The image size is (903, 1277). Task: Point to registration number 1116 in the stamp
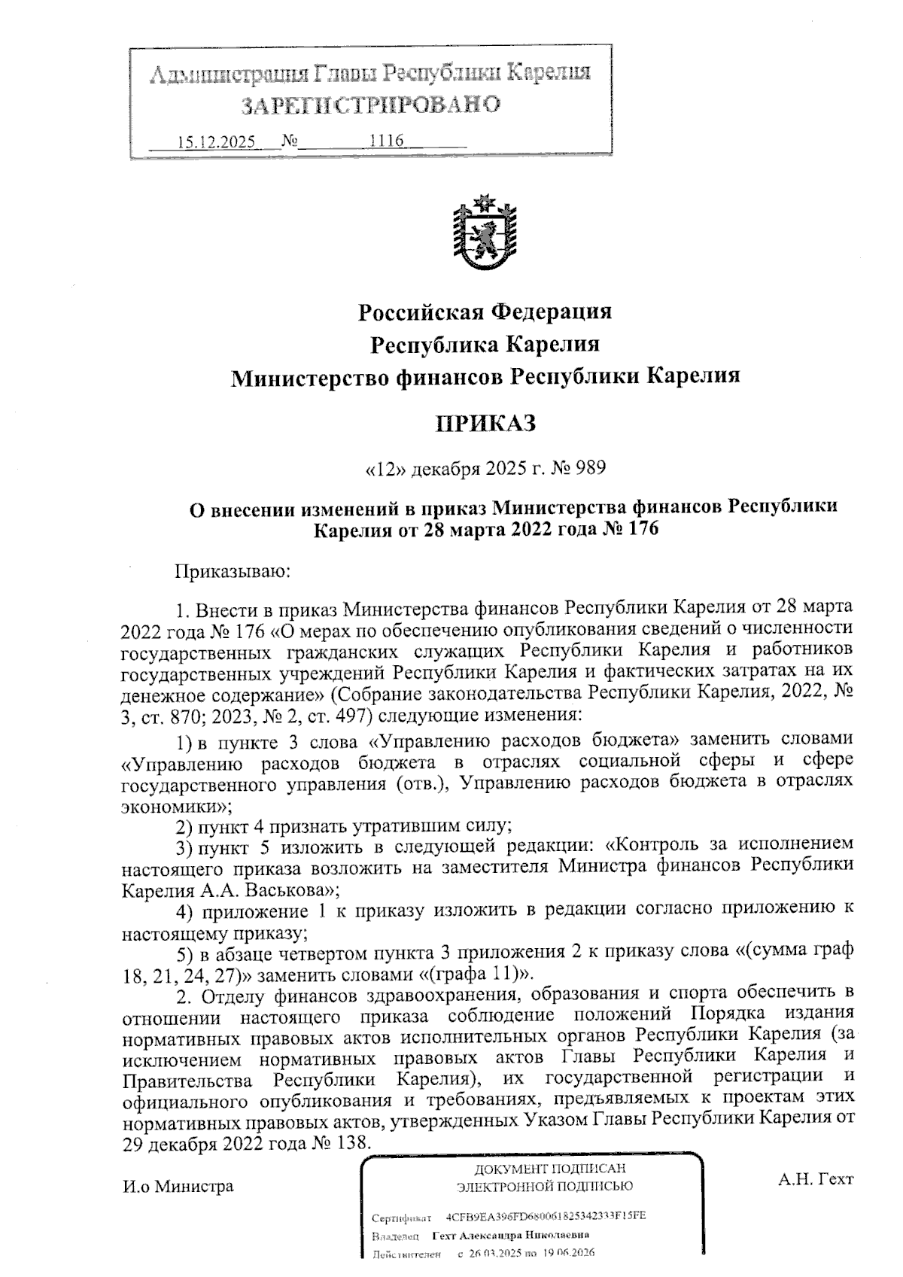coord(387,141)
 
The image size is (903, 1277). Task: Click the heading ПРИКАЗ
coord(485,424)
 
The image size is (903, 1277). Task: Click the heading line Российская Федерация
coord(485,311)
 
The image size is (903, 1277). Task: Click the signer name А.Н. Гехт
coord(816,1178)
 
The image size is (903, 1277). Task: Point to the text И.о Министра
coord(178,1186)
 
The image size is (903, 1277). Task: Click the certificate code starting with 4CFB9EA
coord(546,1217)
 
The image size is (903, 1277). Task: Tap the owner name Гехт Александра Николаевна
coord(510,1236)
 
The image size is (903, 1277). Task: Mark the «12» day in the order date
coord(386,469)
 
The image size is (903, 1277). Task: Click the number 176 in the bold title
coord(640,529)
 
